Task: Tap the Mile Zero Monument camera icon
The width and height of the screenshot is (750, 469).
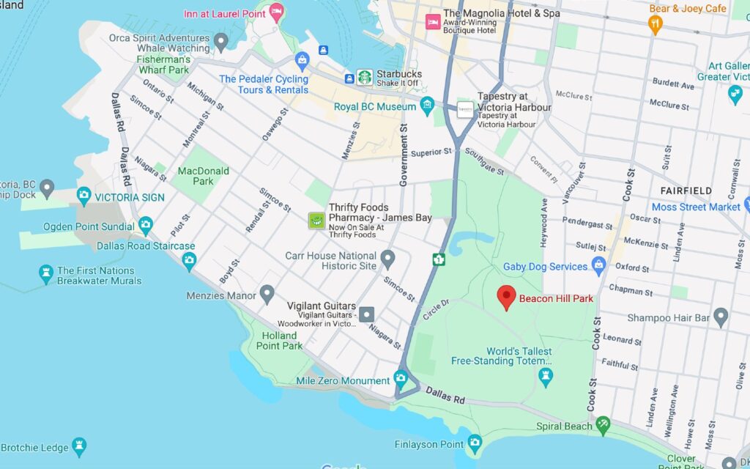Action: click(400, 379)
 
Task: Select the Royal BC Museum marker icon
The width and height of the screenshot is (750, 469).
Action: click(428, 107)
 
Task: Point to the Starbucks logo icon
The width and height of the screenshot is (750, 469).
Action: click(364, 77)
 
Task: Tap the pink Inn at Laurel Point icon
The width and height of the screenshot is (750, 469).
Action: click(276, 11)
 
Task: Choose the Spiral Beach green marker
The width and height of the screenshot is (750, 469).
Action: click(603, 424)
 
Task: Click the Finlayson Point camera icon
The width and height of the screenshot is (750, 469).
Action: click(475, 443)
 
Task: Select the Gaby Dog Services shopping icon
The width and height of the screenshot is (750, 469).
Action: click(599, 265)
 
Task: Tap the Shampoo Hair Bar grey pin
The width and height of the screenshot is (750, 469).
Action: click(721, 317)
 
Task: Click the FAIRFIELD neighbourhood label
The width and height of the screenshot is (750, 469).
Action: click(686, 191)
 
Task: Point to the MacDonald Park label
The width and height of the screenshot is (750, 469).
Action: click(204, 176)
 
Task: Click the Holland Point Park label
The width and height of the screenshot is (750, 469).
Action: click(280, 341)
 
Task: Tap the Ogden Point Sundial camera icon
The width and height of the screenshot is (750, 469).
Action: click(146, 224)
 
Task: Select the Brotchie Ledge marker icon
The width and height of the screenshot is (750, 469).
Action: click(79, 446)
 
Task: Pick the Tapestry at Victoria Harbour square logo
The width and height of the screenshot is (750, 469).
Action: click(465, 108)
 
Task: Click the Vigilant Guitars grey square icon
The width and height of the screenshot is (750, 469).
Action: click(366, 314)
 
